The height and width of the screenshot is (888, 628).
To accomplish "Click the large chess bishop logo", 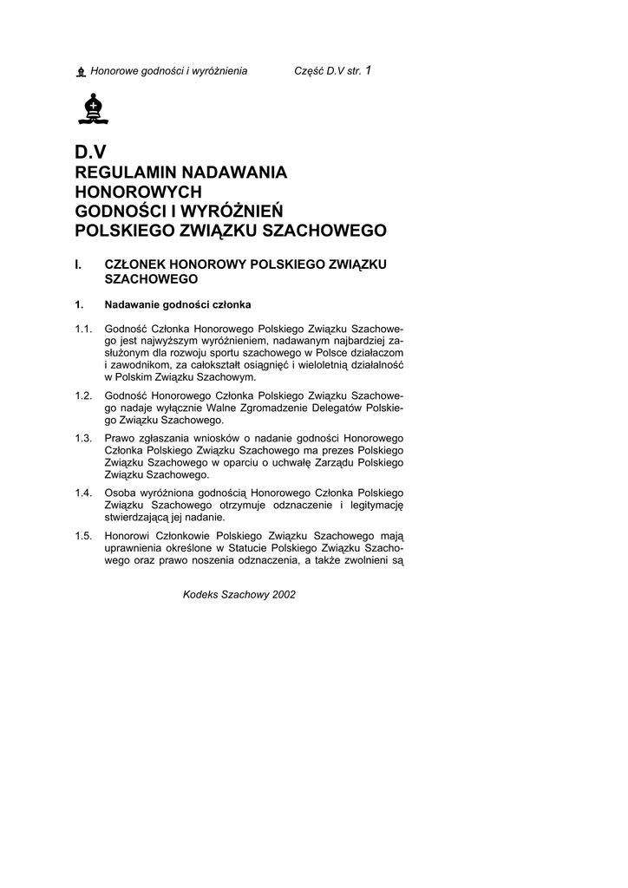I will tap(91, 108).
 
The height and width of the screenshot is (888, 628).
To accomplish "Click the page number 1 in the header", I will tap(369, 69).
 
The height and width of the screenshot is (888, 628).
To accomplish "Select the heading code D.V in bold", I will tap(91, 152).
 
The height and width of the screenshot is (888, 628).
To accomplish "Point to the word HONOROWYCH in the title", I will tap(139, 192).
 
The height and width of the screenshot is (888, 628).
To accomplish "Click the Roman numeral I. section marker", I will tap(79, 263).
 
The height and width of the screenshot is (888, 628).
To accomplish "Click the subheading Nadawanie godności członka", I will tap(177, 304).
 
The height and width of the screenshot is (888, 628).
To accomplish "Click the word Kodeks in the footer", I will tap(200, 595).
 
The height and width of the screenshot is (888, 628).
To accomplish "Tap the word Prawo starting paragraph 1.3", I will tap(119, 438).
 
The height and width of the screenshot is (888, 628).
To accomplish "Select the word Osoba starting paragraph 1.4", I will tap(120, 493).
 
